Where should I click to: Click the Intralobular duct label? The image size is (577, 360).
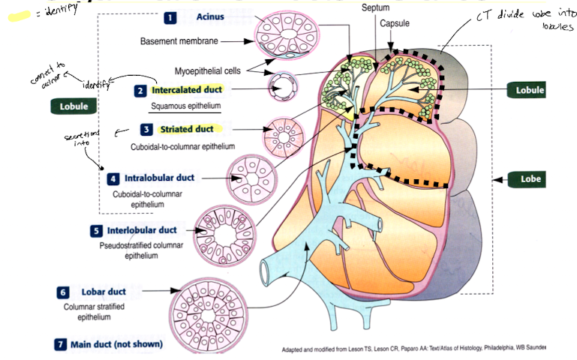(159, 178)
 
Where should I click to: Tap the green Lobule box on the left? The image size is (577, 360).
(74, 106)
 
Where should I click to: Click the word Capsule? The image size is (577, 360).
(394, 24)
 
